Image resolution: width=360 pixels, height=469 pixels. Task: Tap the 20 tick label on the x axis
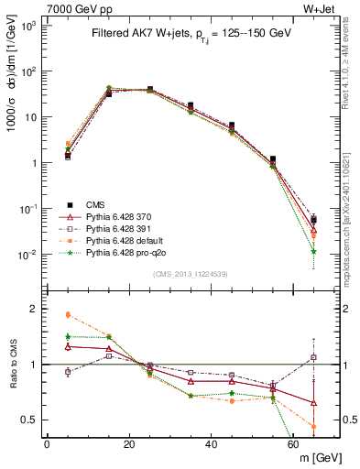129,443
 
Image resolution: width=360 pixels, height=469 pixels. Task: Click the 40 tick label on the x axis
212,443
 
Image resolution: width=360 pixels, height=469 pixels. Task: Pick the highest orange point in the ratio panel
68,314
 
